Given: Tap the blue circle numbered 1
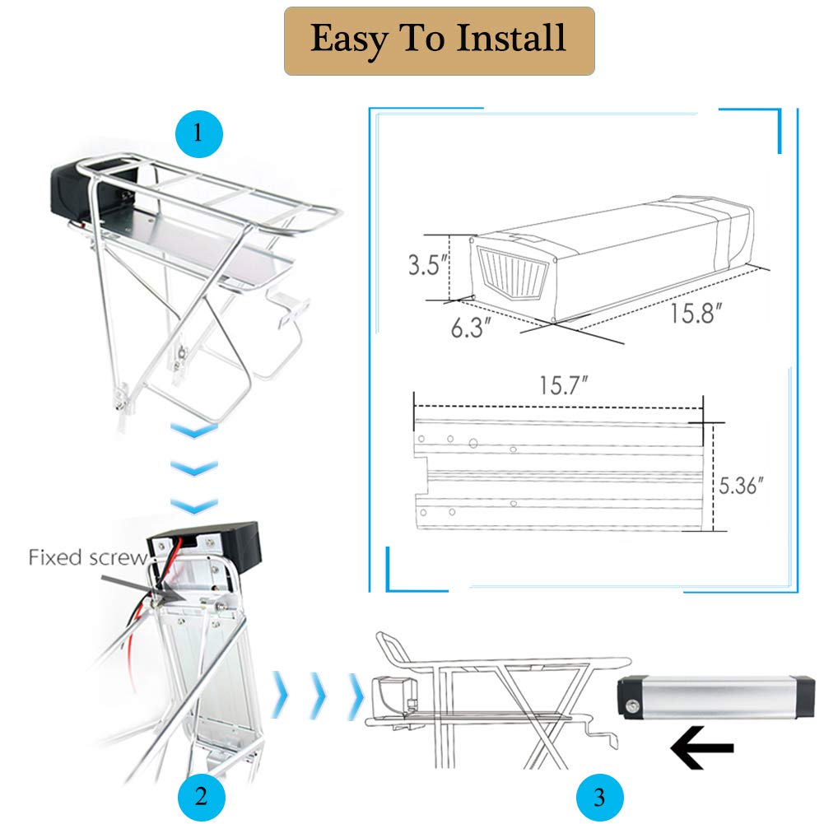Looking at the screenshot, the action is click(198, 134).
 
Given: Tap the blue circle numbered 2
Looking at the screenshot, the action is click(202, 797).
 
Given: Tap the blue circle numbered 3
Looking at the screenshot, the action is click(599, 797).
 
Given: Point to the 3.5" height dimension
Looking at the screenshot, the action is click(428, 264).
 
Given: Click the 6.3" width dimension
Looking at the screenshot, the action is click(471, 328).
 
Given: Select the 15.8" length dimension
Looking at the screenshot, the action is click(696, 313).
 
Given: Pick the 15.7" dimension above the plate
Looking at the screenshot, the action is click(563, 385).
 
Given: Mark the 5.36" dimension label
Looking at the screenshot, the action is click(741, 486).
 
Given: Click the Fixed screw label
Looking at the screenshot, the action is click(88, 557).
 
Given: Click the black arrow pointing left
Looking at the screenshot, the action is click(702, 747).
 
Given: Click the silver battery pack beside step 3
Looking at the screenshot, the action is click(716, 697).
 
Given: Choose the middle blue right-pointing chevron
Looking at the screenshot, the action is click(319, 696).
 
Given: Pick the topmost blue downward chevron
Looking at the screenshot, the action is click(194, 430).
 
